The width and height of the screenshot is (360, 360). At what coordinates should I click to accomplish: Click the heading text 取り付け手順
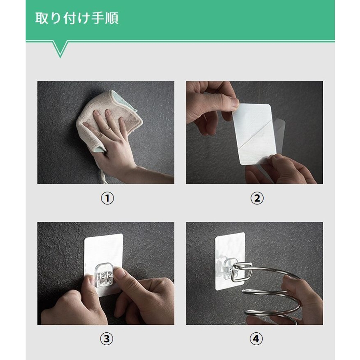pyautogui.click(x=77, y=18)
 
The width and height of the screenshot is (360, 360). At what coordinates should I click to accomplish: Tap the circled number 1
pyautogui.click(x=107, y=198)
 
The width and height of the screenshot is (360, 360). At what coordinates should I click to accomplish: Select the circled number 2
pyautogui.click(x=257, y=198)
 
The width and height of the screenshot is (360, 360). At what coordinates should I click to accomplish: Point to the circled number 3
pyautogui.click(x=107, y=339)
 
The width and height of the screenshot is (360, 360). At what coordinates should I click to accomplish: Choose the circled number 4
pyautogui.click(x=256, y=339)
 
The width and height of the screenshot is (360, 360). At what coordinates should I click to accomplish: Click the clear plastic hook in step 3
pyautogui.click(x=104, y=275)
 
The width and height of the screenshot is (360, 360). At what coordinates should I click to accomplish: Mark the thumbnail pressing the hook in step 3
pyautogui.click(x=121, y=272)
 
